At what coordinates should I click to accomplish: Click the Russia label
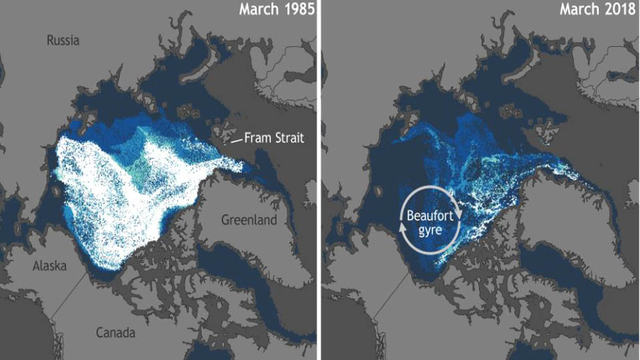pyautogui.click(x=63, y=41)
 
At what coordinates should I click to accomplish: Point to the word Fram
pyautogui.click(x=259, y=138)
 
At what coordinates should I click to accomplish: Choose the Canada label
pyautogui.click(x=115, y=333)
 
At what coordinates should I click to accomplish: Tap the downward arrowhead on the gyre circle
pyautogui.click(x=461, y=215)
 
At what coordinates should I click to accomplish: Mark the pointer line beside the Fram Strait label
pyautogui.click(x=234, y=140)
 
